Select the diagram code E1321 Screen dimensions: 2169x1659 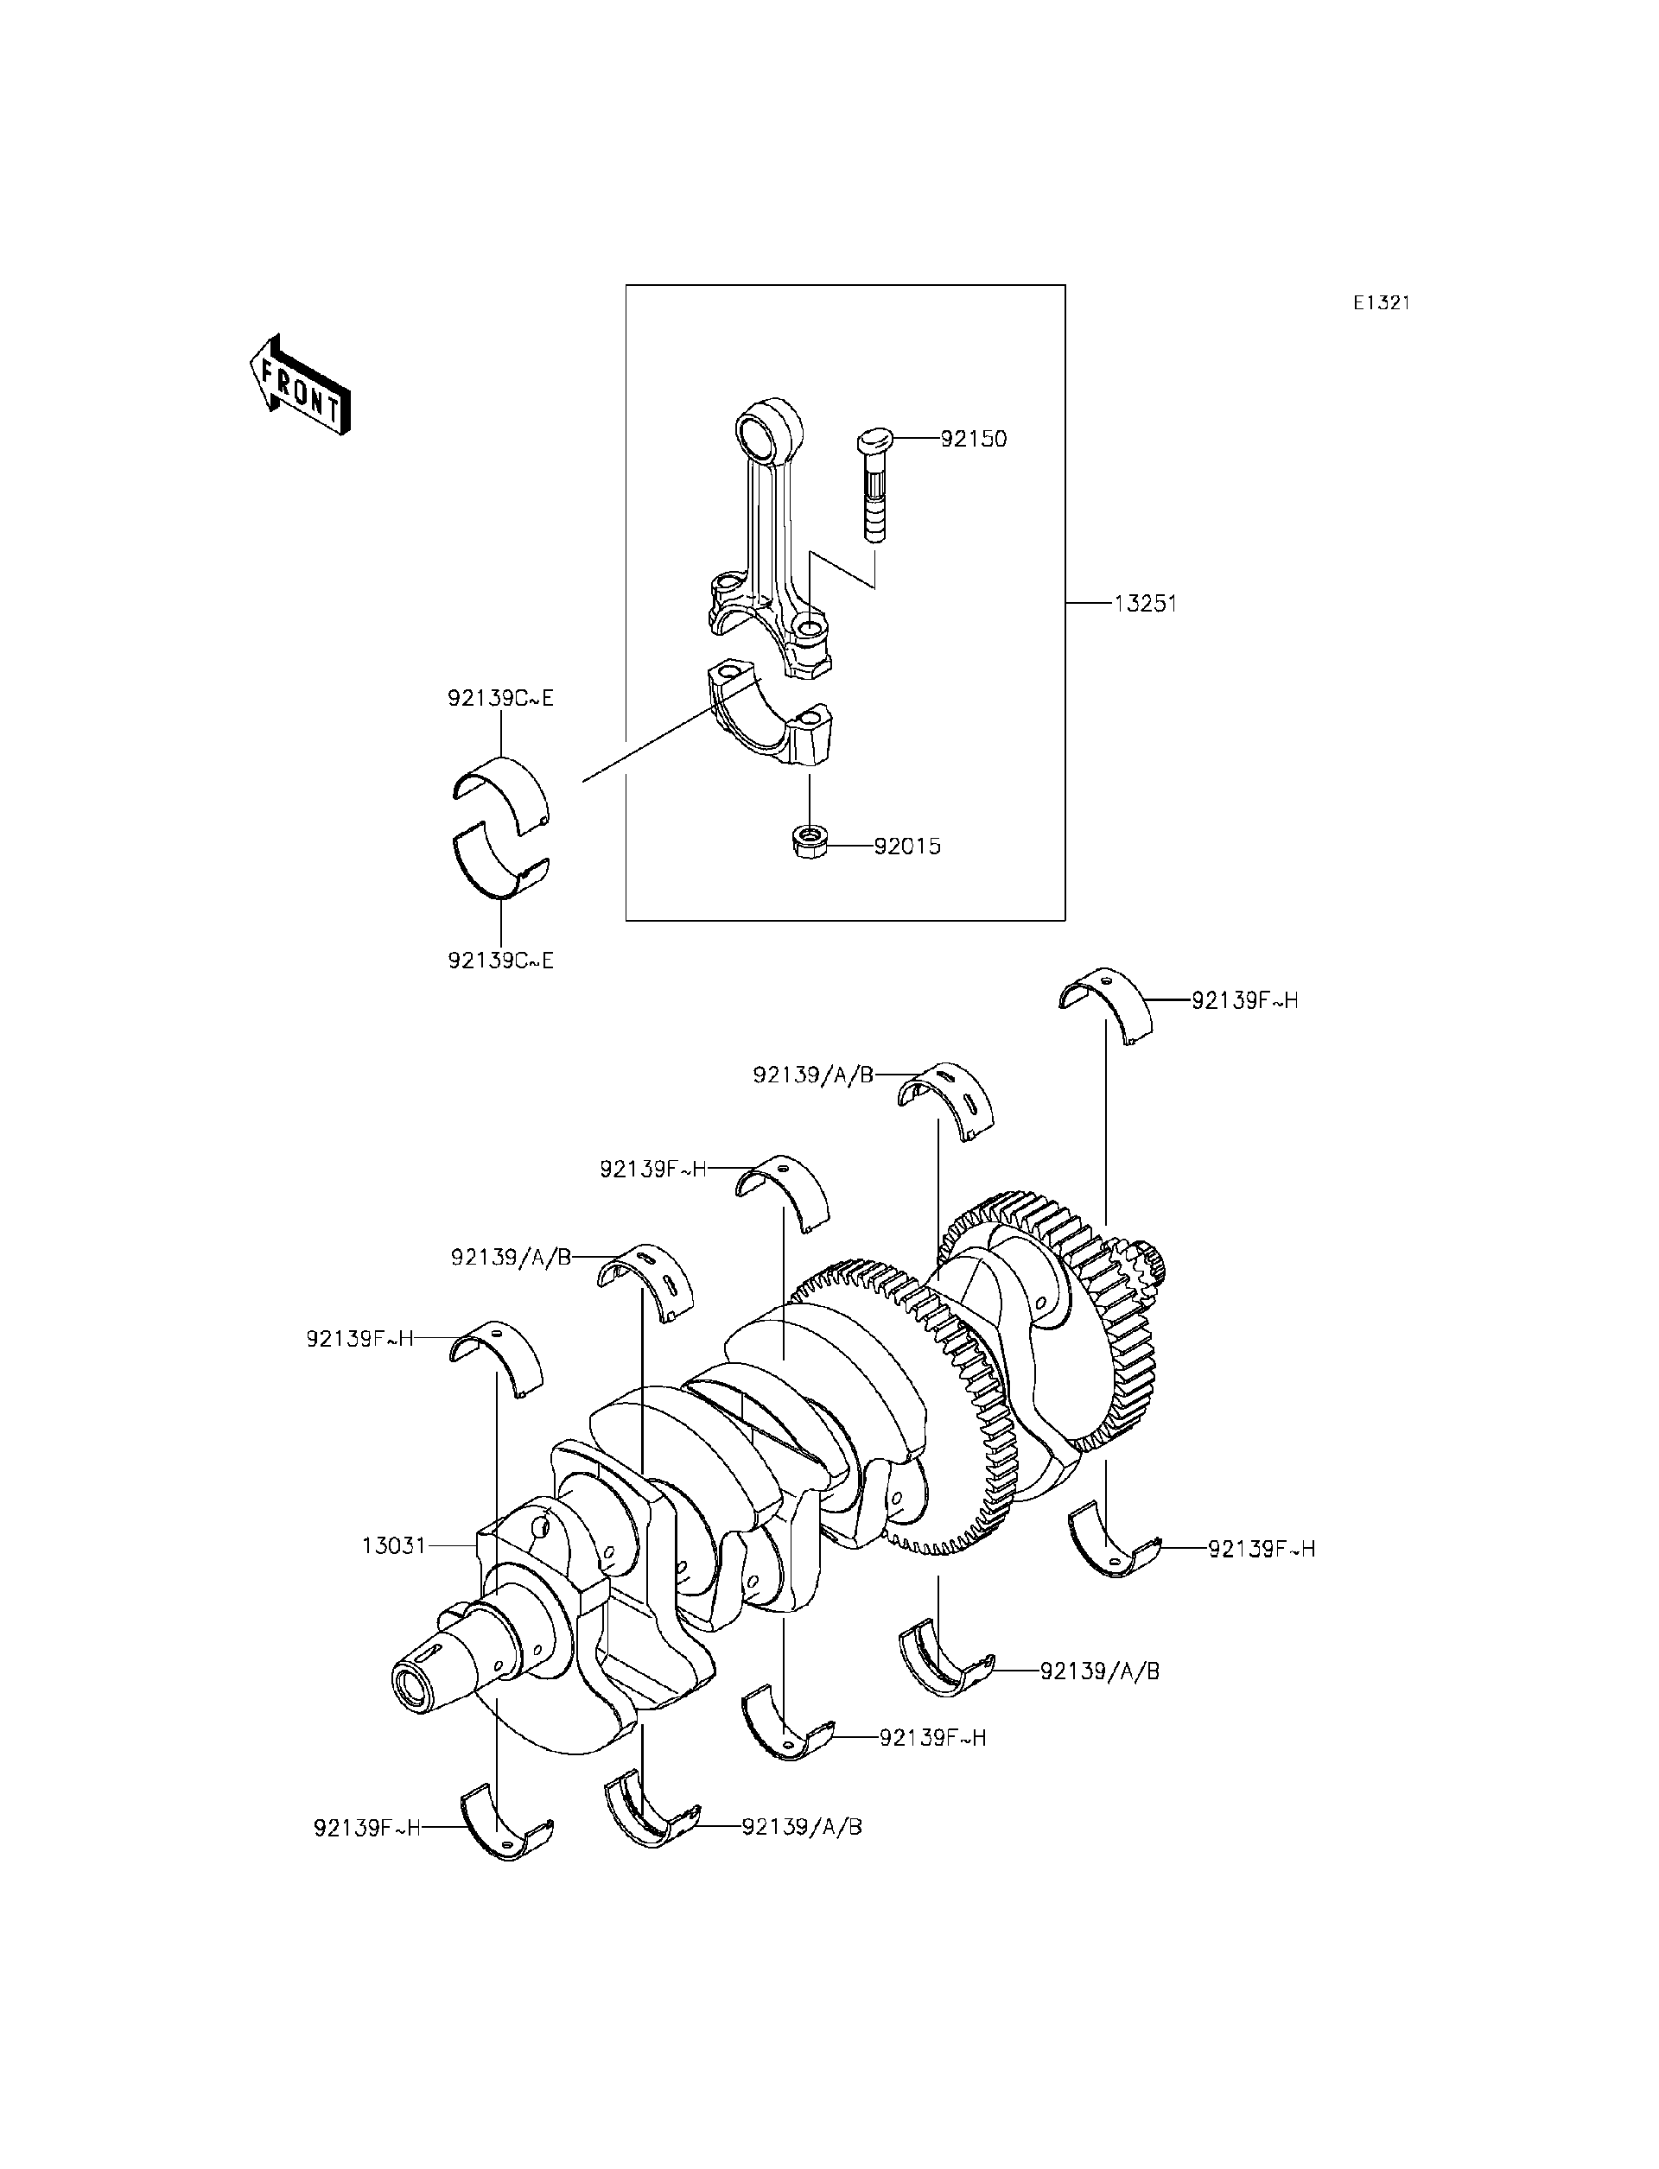[1381, 303]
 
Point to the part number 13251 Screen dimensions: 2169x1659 [1146, 603]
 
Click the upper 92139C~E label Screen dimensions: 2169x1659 [500, 699]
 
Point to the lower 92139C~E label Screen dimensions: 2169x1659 [500, 960]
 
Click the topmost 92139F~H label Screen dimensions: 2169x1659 [1244, 1001]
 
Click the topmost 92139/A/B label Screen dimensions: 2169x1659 [813, 1075]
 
